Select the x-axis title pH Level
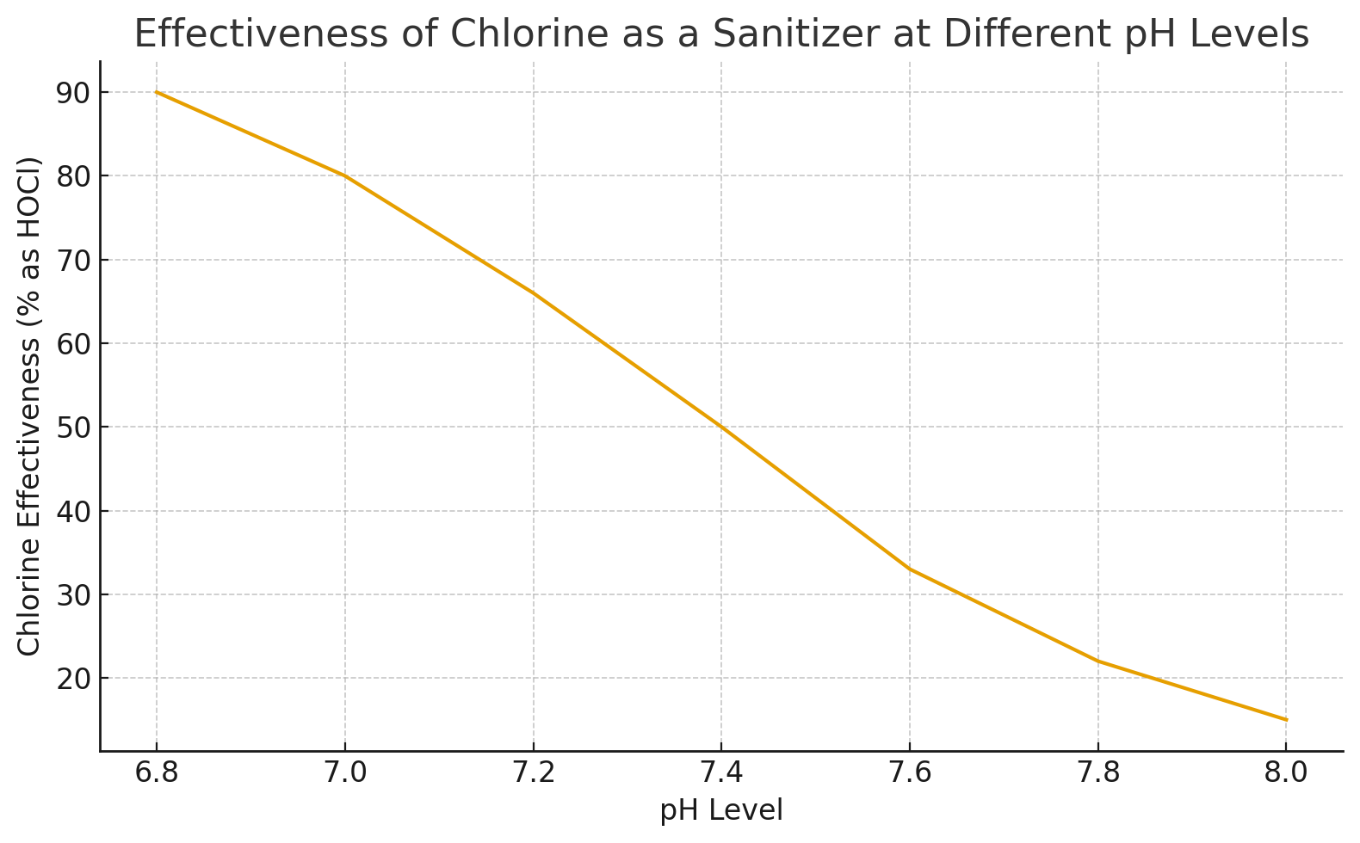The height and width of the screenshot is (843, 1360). click(721, 810)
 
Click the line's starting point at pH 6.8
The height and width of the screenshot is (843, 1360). click(157, 92)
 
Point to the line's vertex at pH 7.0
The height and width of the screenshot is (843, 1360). click(345, 176)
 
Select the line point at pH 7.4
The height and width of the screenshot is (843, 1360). click(721, 427)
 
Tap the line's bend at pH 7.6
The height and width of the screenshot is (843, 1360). click(910, 569)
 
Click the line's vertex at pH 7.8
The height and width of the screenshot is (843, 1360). click(1097, 661)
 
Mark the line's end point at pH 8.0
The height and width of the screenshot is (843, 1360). click(1286, 720)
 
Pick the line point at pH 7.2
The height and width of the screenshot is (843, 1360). click(534, 293)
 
